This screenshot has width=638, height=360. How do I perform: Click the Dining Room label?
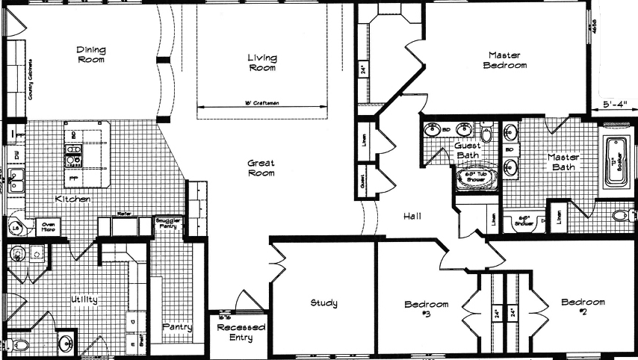(x=91, y=55)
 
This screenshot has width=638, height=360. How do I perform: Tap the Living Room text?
(x=261, y=62)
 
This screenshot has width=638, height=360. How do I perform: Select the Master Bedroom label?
(x=507, y=60)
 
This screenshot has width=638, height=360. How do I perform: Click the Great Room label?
(x=261, y=168)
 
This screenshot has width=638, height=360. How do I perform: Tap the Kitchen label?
(x=73, y=199)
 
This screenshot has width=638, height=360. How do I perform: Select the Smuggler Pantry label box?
(x=165, y=223)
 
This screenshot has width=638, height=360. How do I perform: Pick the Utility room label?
(x=84, y=300)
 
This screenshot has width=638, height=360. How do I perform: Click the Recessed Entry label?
(x=235, y=332)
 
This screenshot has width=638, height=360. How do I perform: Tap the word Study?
(x=323, y=302)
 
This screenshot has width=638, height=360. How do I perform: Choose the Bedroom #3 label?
(x=427, y=308)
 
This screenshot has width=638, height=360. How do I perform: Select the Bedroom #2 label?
(x=583, y=306)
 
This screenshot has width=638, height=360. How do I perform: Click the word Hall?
(x=412, y=217)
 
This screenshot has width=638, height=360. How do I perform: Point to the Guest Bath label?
(x=467, y=150)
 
